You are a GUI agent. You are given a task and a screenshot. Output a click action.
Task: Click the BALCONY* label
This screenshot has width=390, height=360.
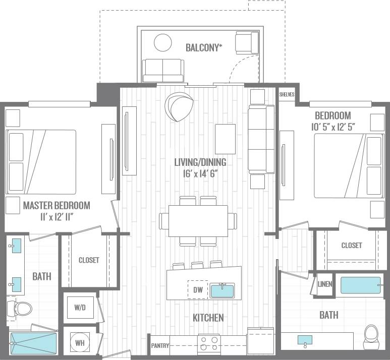[204, 48]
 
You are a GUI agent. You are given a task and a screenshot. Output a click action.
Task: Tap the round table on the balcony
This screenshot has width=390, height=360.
[163, 42]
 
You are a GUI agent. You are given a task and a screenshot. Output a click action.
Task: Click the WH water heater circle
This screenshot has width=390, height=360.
[80, 342]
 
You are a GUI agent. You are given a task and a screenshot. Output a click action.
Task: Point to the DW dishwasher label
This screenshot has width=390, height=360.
[198, 290]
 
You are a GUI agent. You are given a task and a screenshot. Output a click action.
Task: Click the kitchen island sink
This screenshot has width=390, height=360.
[222, 290]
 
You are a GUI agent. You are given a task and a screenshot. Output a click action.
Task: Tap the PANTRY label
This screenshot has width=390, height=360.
[159, 346]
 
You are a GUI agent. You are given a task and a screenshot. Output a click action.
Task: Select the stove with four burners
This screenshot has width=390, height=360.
[209, 344]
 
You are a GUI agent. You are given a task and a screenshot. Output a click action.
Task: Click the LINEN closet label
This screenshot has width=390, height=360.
[325, 284]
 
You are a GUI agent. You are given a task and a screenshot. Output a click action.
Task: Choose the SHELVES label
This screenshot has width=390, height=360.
[287, 94]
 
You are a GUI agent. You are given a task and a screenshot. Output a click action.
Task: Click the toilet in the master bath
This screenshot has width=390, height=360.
[20, 308]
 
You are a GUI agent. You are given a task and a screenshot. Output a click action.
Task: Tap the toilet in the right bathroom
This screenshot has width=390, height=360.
[371, 334]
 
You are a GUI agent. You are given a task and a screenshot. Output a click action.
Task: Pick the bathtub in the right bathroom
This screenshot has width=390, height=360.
[360, 285]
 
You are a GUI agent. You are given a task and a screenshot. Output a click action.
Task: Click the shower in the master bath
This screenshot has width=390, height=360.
[33, 343]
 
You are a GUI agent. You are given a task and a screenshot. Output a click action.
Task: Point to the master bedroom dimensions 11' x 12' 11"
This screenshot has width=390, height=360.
[57, 217]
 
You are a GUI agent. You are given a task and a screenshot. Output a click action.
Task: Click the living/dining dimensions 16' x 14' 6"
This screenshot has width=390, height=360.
[200, 174]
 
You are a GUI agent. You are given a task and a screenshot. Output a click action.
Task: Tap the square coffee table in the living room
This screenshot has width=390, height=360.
[225, 139]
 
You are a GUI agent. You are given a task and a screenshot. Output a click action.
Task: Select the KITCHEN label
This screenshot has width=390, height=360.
[208, 318]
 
